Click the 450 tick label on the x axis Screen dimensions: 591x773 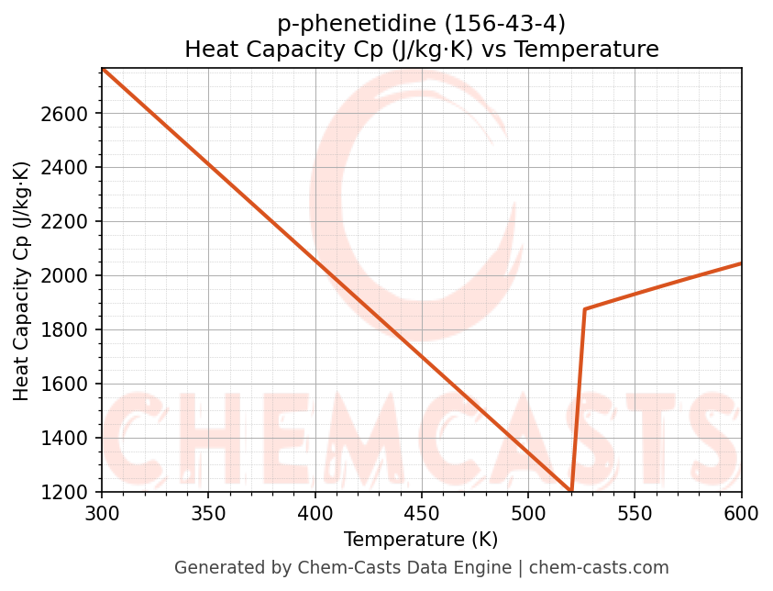tap(422, 513)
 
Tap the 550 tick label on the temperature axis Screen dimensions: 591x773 tap(635, 513)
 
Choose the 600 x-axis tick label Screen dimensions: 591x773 tap(741, 513)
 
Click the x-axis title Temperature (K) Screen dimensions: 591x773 tap(421, 540)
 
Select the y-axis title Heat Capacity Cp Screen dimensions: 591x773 tap(22, 280)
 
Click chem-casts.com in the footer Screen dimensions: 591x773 tap(599, 568)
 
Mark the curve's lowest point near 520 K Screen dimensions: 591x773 tap(571, 491)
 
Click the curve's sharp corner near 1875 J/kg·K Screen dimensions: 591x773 tap(584, 309)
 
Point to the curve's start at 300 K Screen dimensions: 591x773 tap(102, 69)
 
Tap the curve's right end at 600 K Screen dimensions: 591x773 tap(741, 263)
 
